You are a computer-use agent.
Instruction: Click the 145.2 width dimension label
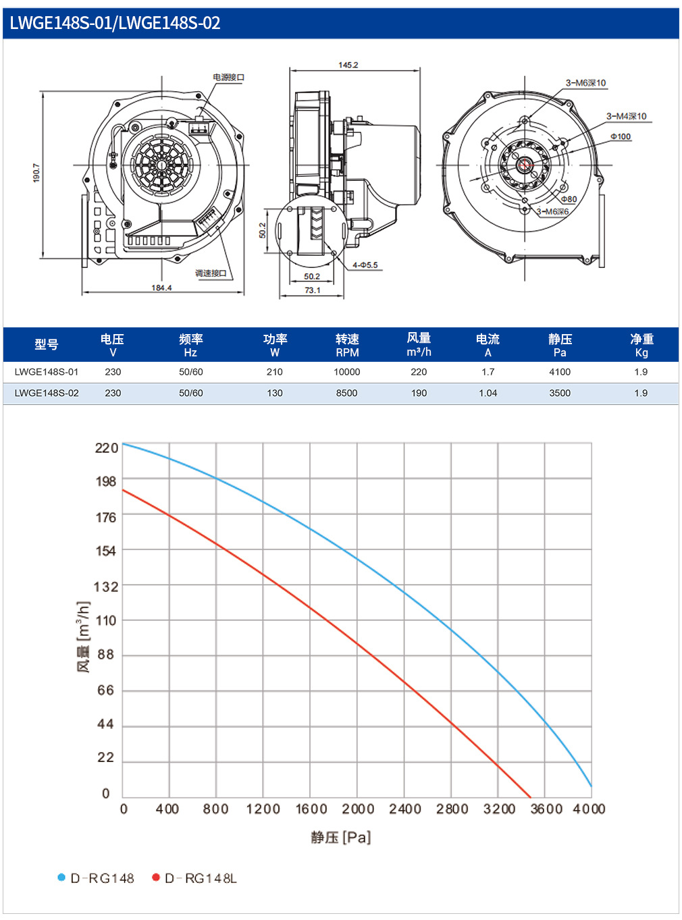pyautogui.click(x=348, y=65)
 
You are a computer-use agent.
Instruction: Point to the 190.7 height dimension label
pyautogui.click(x=36, y=173)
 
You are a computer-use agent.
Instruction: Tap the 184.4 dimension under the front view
pyautogui.click(x=161, y=288)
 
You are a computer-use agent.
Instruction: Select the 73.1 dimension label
pyautogui.click(x=312, y=290)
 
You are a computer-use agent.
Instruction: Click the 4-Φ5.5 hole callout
pyautogui.click(x=365, y=265)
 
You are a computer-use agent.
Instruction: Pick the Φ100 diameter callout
pyautogui.click(x=621, y=136)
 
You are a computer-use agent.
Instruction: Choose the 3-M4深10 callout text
pyautogui.click(x=627, y=116)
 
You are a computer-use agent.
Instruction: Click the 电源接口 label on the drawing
pyautogui.click(x=229, y=77)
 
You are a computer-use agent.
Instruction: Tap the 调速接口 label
pyautogui.click(x=211, y=273)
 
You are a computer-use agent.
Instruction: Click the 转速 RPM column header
pyautogui.click(x=347, y=346)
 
